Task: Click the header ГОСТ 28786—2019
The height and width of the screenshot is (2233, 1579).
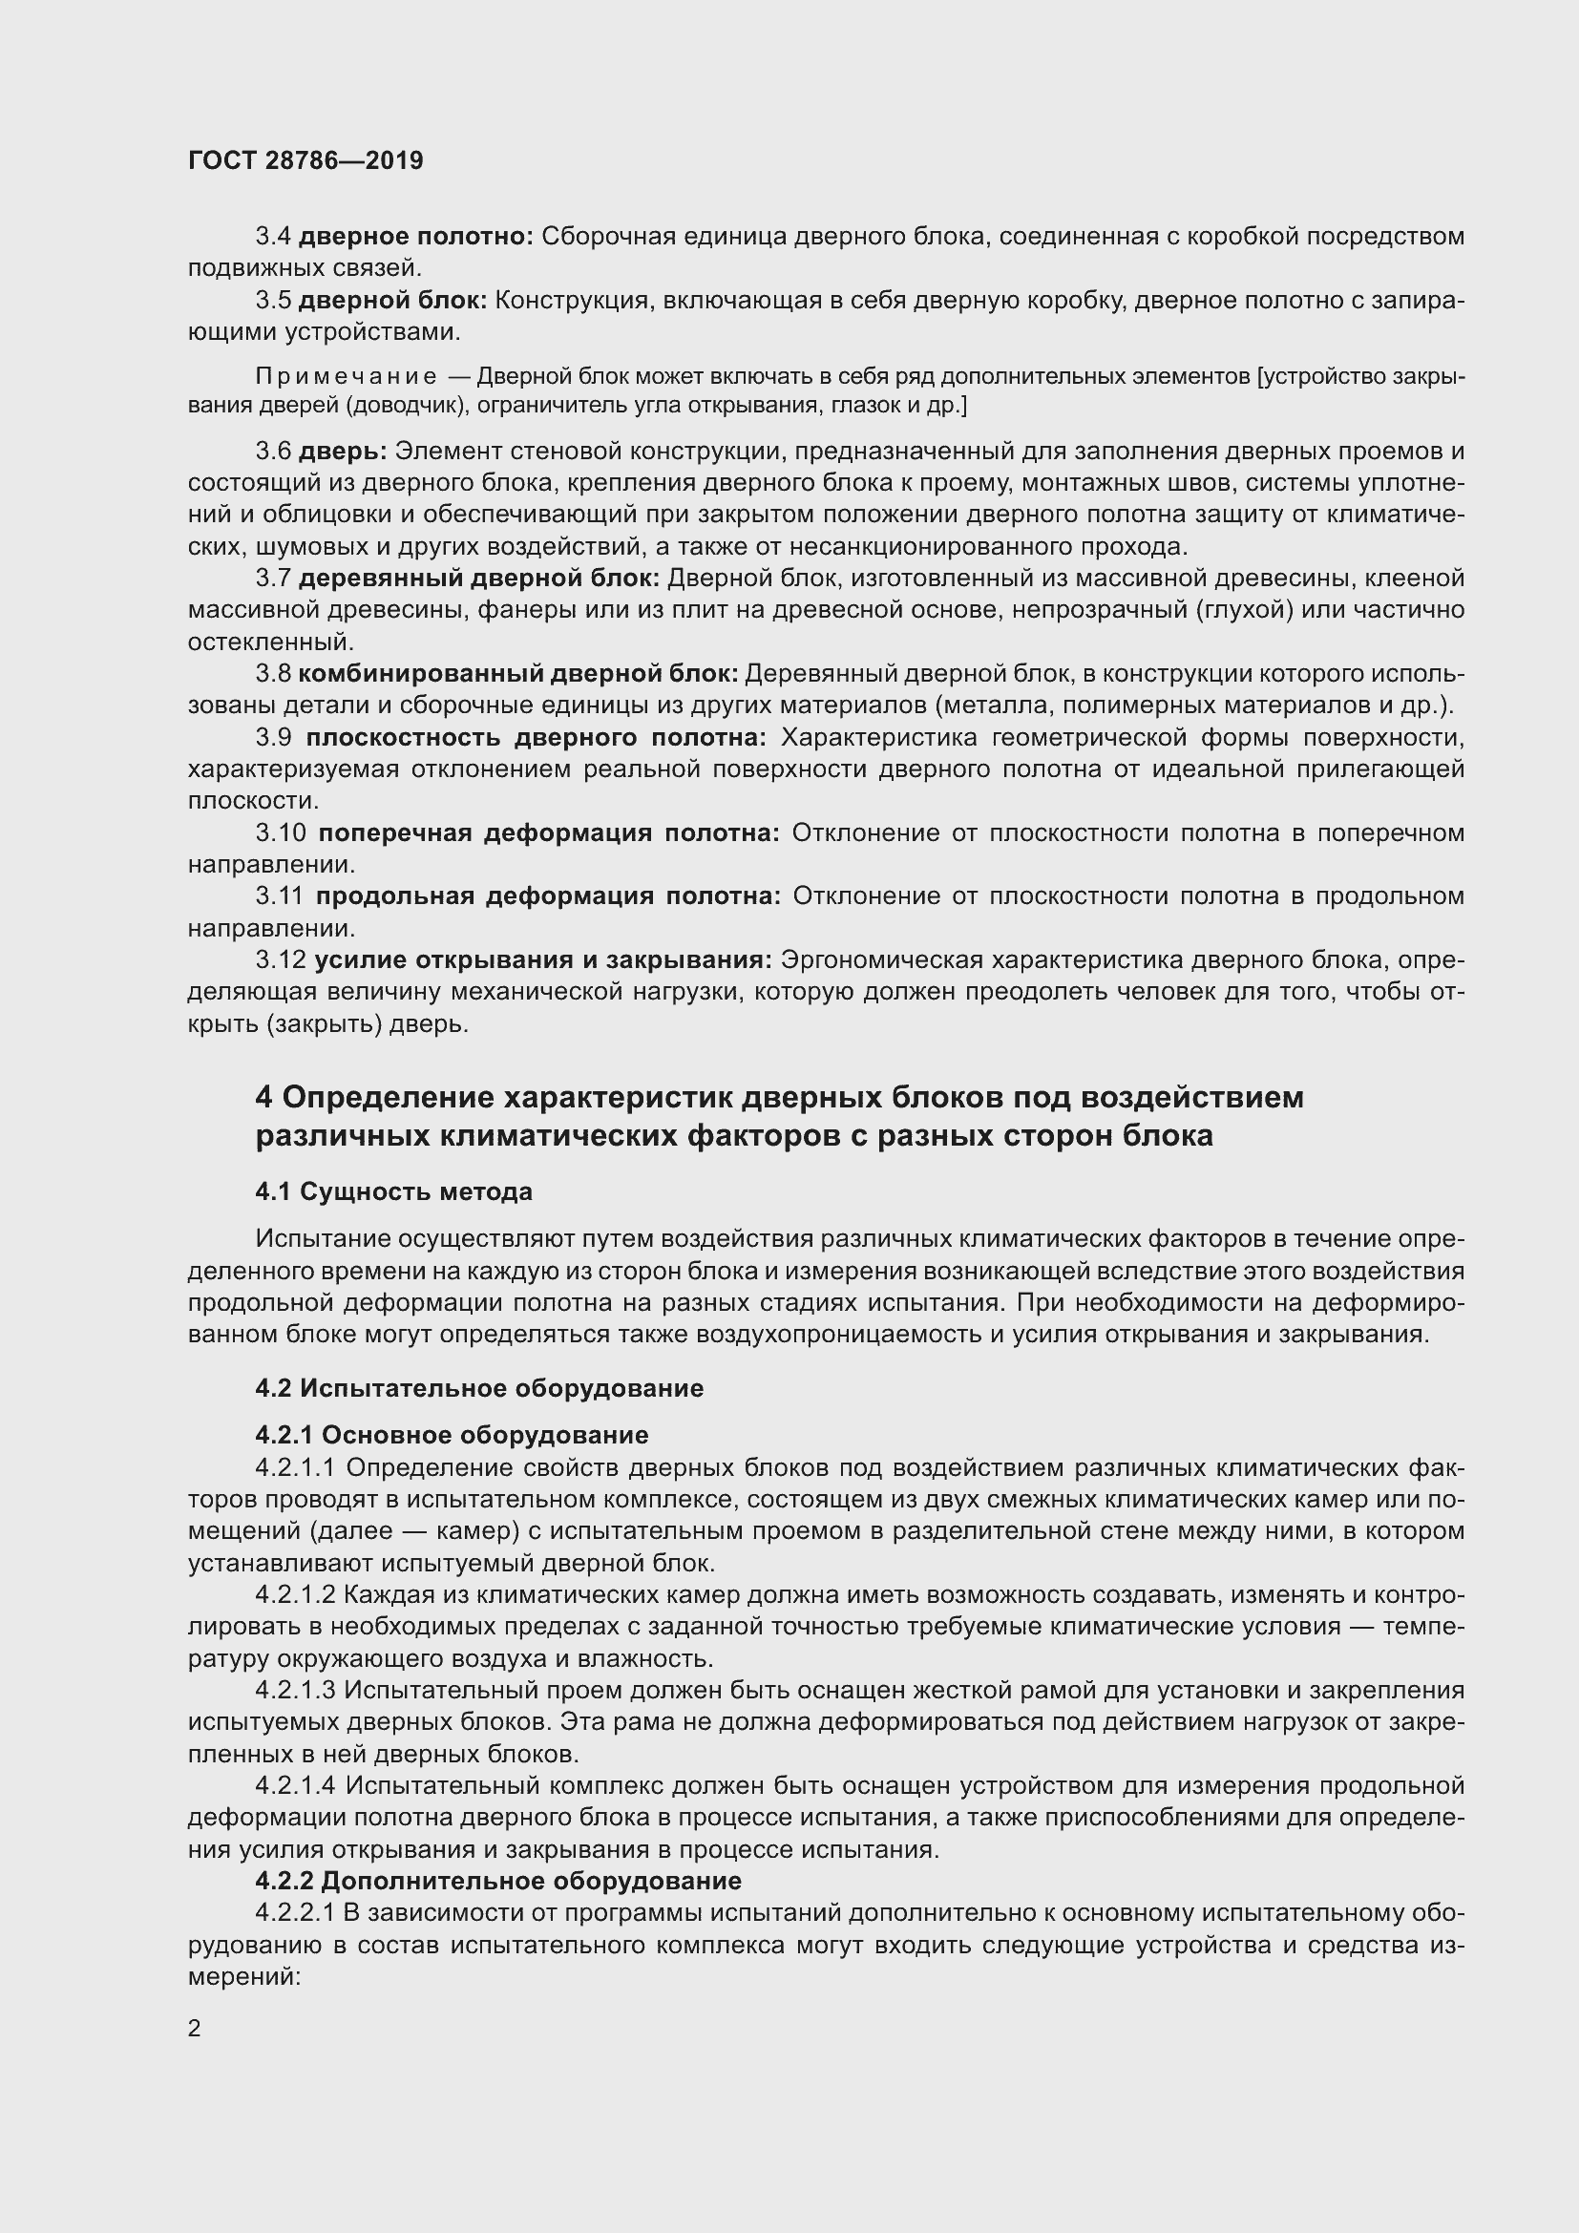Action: coord(305,160)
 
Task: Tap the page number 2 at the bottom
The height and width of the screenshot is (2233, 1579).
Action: coord(195,2028)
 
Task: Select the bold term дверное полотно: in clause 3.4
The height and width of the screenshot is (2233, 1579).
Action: coord(415,237)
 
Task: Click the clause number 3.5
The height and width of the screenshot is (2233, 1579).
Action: coord(273,301)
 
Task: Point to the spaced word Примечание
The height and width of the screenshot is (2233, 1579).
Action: coord(346,376)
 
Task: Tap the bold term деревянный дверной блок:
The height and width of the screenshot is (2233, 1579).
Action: coord(478,579)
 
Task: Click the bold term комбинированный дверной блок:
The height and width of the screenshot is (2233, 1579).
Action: coord(517,674)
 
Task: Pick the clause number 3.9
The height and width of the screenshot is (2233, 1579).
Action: coord(273,738)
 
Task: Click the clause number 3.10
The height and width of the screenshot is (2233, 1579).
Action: coord(280,833)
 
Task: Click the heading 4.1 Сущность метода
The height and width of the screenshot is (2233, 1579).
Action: coord(393,1191)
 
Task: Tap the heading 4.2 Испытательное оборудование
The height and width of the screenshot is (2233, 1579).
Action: coord(478,1388)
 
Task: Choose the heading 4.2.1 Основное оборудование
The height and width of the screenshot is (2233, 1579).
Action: coord(452,1436)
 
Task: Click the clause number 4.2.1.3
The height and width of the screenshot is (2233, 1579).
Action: coord(295,1692)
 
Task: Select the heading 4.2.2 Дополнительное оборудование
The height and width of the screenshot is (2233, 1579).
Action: coord(497,1881)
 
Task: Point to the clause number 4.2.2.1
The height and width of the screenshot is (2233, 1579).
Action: coord(295,1913)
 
